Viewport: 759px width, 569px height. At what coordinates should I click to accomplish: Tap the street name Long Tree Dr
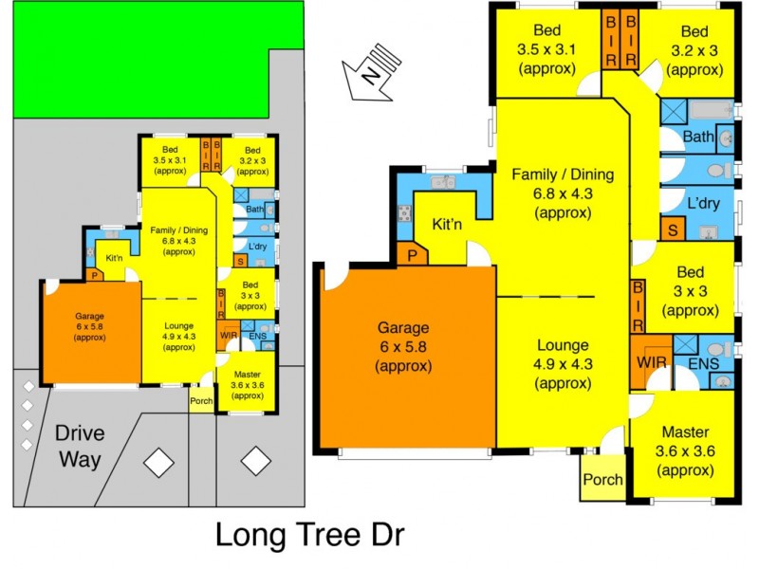pos(310,534)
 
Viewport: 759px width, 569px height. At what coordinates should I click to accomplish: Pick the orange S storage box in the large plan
pos(674,229)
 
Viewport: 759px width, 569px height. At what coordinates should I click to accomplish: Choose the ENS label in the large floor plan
pos(703,363)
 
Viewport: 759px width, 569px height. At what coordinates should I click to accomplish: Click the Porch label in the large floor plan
pos(602,480)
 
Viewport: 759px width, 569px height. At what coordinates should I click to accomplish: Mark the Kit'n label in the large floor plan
pos(447,226)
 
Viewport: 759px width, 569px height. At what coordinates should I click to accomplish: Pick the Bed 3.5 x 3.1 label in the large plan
pos(546,49)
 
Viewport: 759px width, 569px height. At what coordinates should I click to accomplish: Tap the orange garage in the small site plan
pos(92,335)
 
